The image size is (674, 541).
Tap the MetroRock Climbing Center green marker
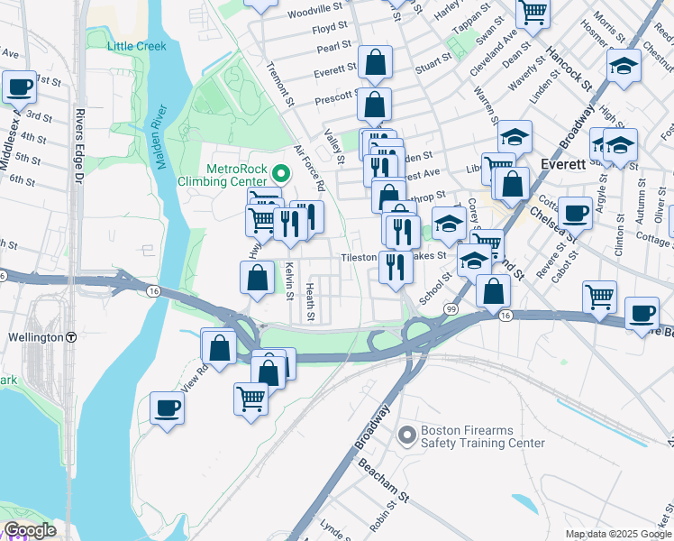point(280,173)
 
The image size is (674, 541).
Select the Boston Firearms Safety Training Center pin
point(407,436)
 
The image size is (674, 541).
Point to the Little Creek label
point(137,46)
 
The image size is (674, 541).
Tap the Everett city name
point(564,165)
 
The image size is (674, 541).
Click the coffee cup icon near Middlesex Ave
point(19,87)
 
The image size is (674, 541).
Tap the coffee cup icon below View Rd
point(168,408)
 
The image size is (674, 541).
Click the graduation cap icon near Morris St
point(624,68)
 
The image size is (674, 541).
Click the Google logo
point(30,530)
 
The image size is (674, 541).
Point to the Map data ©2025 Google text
point(618,534)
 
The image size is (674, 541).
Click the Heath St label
point(309,301)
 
